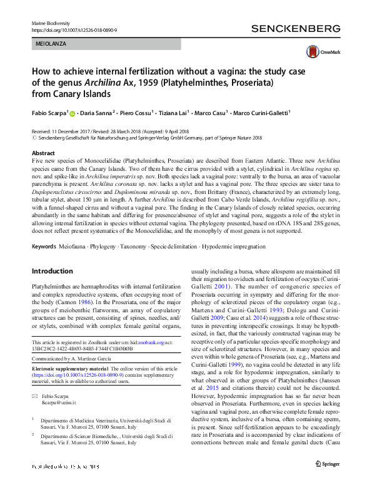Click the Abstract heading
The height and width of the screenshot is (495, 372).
tap(43, 153)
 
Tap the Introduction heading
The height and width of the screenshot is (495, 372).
tap(52, 272)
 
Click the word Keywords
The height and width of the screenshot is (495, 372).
tap(44, 247)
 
